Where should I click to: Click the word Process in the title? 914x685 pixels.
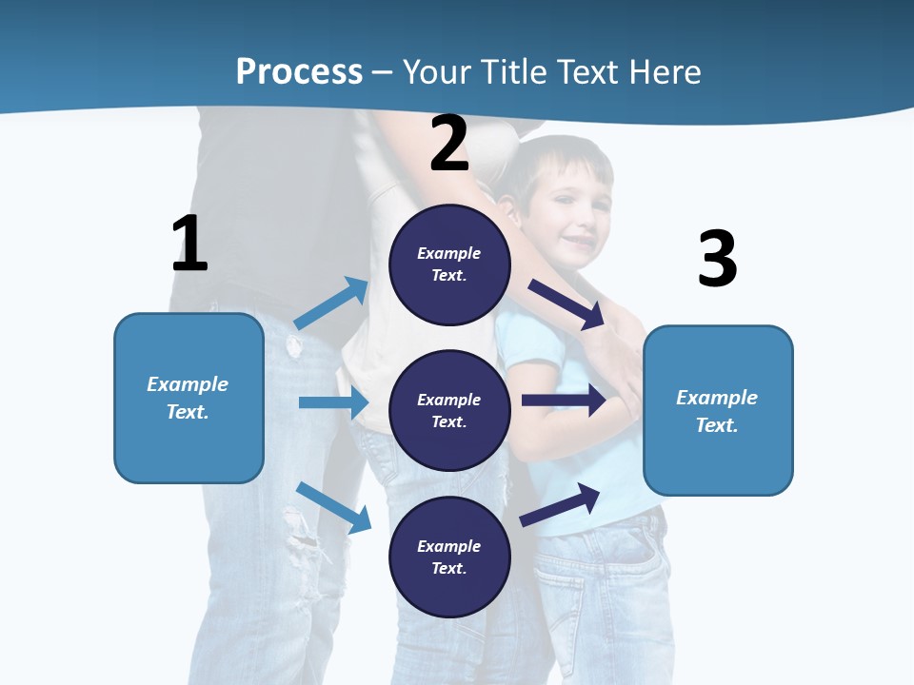pos(299,72)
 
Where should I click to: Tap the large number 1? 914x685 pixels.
pos(189,244)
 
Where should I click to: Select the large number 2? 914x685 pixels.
pos(449,143)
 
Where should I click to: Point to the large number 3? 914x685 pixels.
pos(717,259)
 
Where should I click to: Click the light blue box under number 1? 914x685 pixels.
pos(189,398)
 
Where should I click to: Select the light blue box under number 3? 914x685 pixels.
pos(718,410)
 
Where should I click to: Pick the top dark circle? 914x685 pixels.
pos(449,264)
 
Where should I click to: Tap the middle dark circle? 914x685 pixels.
pos(449,410)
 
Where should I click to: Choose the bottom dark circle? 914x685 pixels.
pos(449,557)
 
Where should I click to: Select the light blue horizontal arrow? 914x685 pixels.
pos(333,402)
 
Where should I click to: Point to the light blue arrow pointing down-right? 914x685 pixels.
pos(334,507)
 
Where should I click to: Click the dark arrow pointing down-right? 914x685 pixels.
pos(566,304)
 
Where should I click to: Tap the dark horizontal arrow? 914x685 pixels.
pos(563,401)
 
